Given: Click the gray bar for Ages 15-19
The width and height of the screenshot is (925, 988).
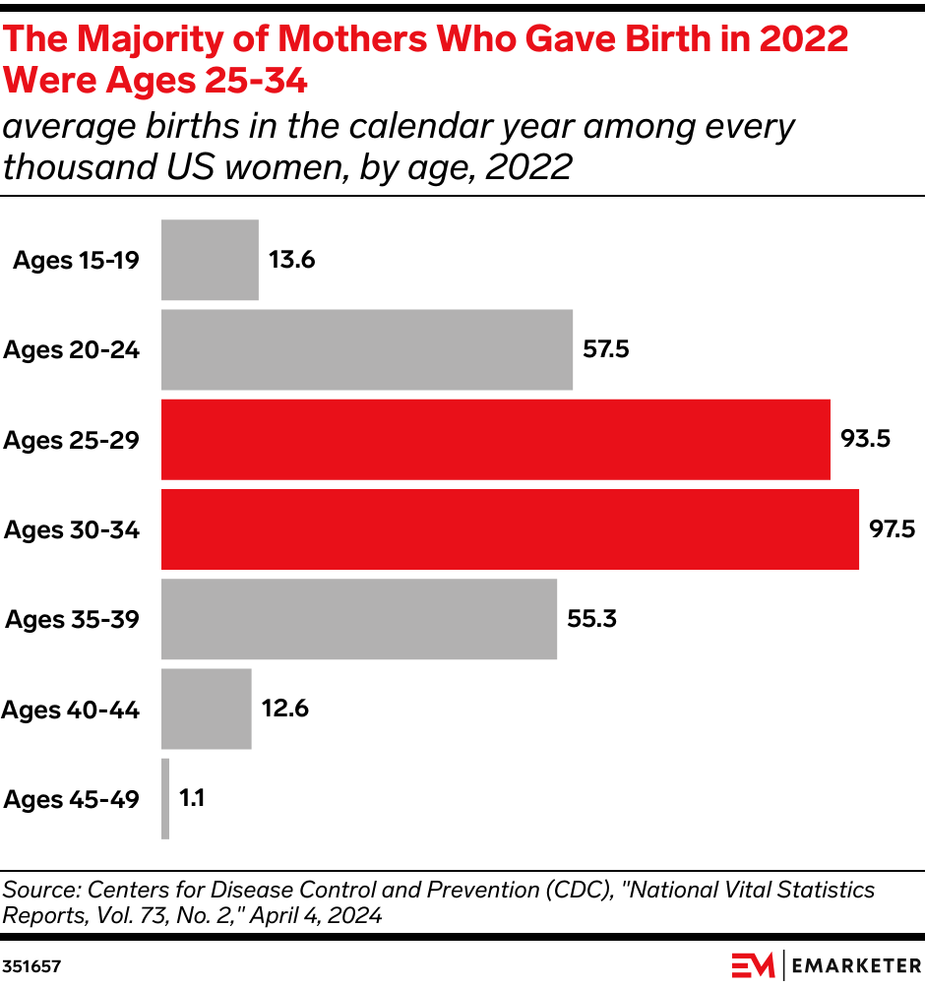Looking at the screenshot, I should click(x=210, y=260).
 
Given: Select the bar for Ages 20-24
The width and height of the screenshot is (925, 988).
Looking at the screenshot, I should click(x=366, y=349).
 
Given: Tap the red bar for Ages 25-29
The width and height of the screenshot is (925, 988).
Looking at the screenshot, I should click(x=495, y=439).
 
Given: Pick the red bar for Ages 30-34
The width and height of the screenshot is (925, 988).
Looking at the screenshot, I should click(x=510, y=529).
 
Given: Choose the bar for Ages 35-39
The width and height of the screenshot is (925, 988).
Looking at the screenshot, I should click(x=358, y=619).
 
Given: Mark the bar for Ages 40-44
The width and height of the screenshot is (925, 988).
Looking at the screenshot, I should click(x=206, y=710).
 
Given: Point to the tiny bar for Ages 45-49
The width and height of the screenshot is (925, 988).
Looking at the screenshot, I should click(x=165, y=799).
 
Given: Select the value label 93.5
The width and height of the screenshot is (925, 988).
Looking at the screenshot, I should click(x=865, y=439).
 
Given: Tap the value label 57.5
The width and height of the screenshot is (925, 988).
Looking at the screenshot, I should click(x=606, y=349).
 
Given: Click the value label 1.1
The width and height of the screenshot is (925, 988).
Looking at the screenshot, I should click(x=191, y=799).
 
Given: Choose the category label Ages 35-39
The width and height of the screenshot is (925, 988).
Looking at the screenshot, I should click(x=73, y=619).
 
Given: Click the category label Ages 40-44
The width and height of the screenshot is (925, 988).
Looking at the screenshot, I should click(x=71, y=710).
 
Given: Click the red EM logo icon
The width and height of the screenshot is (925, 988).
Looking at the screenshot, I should click(x=753, y=965).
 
